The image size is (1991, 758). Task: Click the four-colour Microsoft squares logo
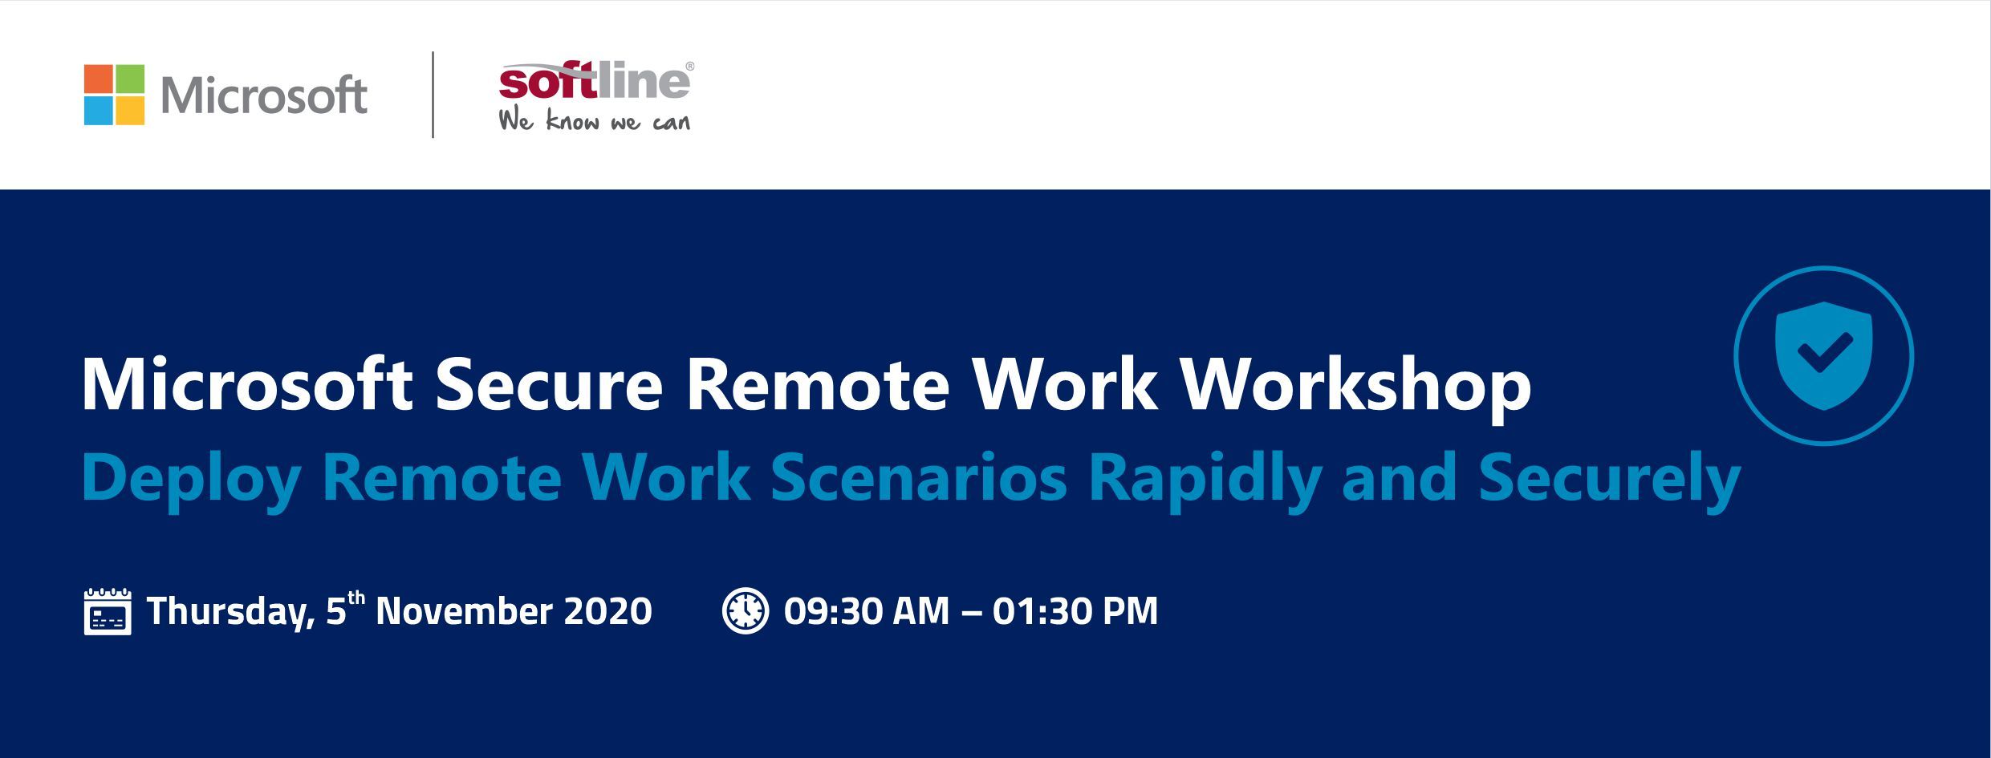114,95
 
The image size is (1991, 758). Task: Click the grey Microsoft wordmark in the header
264,95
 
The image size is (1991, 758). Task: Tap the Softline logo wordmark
595,81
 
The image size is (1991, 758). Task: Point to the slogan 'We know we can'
594,120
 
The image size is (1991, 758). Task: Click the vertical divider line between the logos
433,95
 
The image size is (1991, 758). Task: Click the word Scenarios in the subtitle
919,478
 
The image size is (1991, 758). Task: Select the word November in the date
464,611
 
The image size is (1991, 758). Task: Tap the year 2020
608,611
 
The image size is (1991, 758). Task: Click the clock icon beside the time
746,611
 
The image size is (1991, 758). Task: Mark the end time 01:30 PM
1075,611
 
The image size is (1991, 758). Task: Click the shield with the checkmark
1824,355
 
